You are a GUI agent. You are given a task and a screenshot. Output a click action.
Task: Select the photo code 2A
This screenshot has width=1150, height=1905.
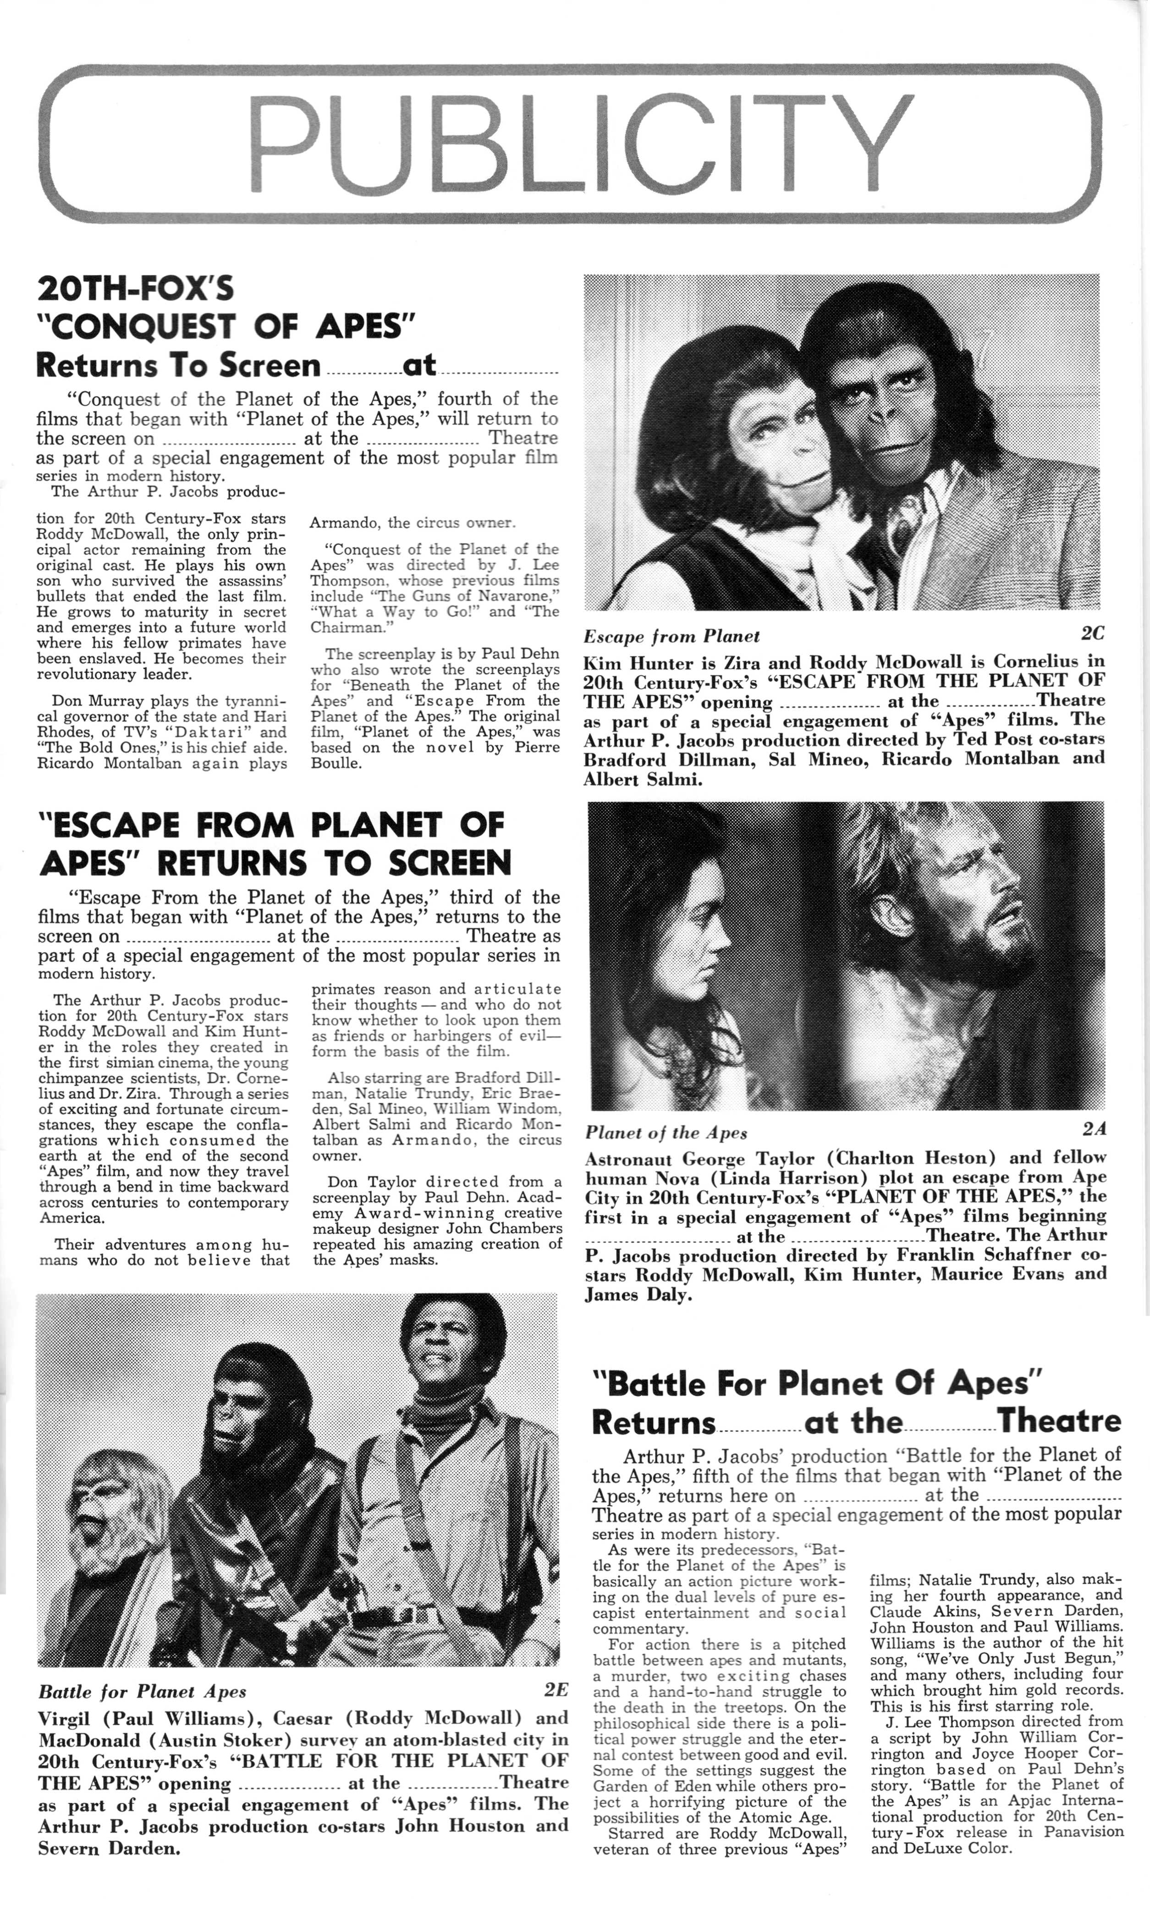point(1095,1129)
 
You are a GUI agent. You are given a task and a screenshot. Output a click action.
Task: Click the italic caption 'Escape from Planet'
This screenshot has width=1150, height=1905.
point(671,636)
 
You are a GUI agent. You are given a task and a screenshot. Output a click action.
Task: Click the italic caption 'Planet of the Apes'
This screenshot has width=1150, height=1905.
point(666,1133)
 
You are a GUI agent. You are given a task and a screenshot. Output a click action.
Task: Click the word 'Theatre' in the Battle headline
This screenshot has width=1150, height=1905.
point(1059,1421)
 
